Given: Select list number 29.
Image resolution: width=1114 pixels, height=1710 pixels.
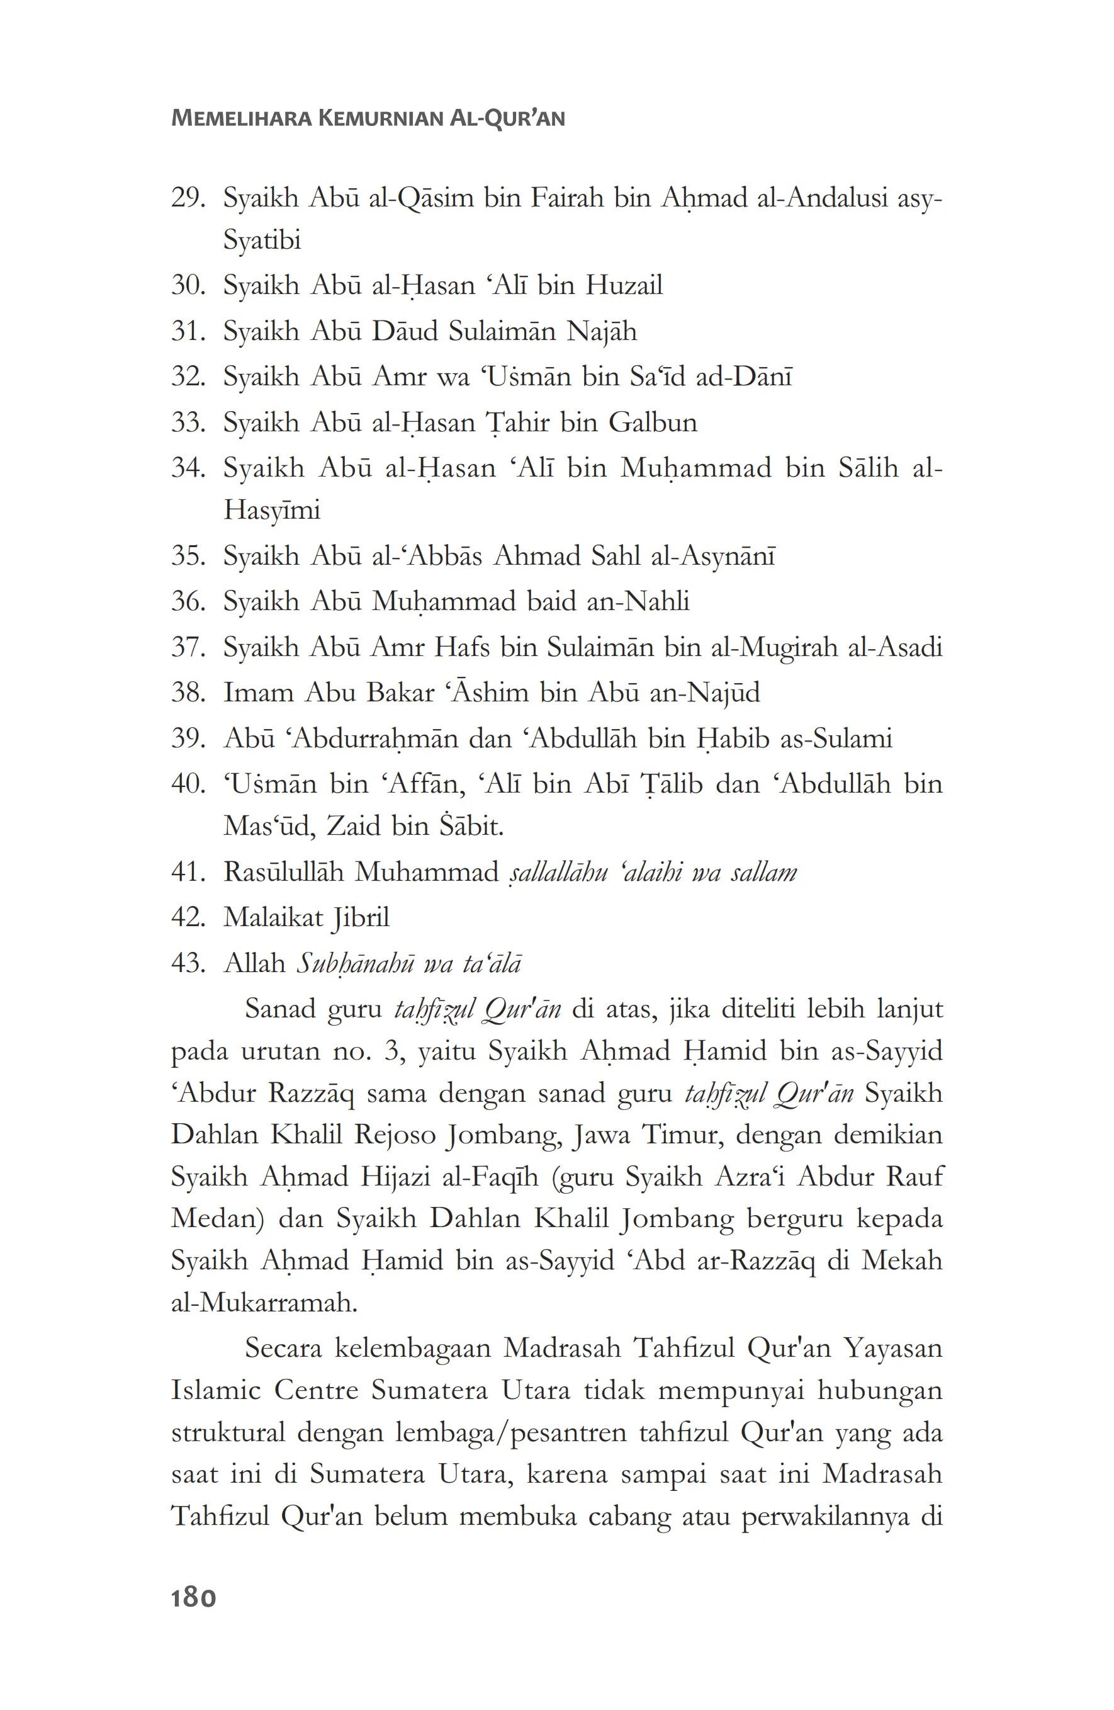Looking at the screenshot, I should coord(188,198).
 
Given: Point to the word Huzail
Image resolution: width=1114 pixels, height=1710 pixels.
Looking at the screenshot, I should coord(624,286).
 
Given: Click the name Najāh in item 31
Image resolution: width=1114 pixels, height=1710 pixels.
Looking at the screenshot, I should coord(601,332).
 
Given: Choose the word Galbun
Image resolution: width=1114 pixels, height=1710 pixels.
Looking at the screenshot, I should coord(652,422).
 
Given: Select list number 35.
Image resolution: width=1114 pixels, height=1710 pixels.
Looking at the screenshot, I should coord(188,556).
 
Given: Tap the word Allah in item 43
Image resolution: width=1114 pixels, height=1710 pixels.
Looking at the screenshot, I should coord(255,963).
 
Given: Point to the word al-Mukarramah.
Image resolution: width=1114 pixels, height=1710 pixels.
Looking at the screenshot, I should coord(264,1303).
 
